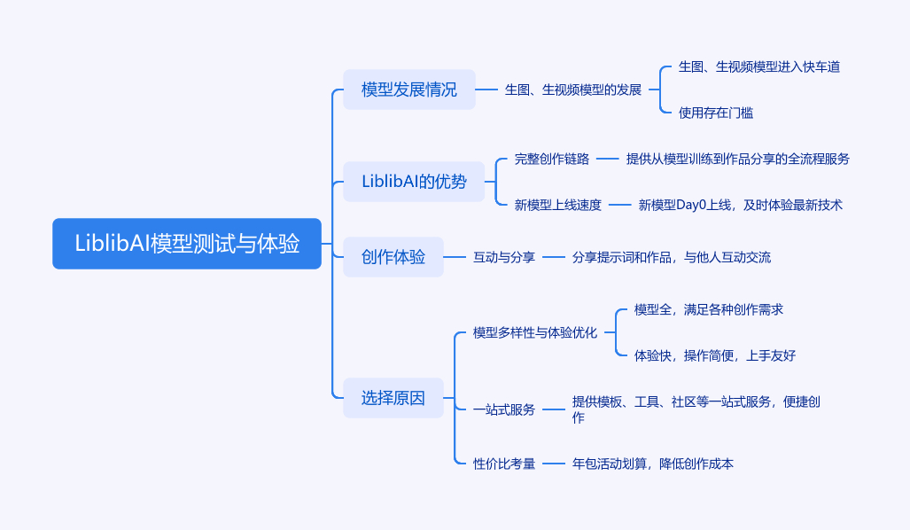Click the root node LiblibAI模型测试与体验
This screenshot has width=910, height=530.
coord(187,244)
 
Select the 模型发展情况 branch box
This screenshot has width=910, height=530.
coord(409,90)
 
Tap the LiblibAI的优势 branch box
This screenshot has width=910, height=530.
coord(414,182)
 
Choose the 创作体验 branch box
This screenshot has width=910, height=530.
coord(393,258)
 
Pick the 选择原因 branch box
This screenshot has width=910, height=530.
coord(393,398)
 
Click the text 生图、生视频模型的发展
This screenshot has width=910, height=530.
coord(572,90)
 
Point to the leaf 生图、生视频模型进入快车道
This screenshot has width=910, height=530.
coord(758,66)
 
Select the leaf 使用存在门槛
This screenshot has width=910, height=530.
coord(715,113)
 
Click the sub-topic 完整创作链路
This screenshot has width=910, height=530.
coord(552,159)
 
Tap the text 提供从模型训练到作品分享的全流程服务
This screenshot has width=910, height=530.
coord(737,159)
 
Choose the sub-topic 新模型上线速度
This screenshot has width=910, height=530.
coord(558,205)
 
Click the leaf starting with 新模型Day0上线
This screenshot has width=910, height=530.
coord(740,205)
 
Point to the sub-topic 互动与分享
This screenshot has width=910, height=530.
coord(504,258)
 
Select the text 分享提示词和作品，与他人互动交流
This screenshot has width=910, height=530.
coord(671,258)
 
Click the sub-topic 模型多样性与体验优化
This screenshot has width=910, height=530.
coord(535,332)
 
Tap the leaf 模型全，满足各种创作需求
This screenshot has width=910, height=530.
coord(708,309)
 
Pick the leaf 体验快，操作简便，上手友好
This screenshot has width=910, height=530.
coord(714,355)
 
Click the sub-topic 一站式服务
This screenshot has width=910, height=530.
coord(504,409)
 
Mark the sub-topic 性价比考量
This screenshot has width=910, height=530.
coord(504,463)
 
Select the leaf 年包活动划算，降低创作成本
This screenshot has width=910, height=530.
coord(652,463)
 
